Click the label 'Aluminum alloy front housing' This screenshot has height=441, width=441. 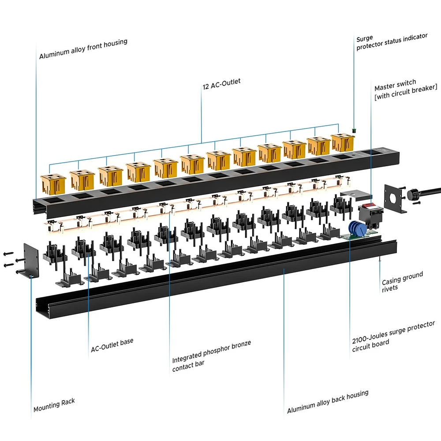[83, 49]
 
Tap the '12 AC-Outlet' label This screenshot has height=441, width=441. [221, 84]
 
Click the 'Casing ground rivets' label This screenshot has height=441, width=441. [402, 281]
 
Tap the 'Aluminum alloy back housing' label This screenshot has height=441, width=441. [327, 402]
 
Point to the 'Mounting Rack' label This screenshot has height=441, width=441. [54, 405]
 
